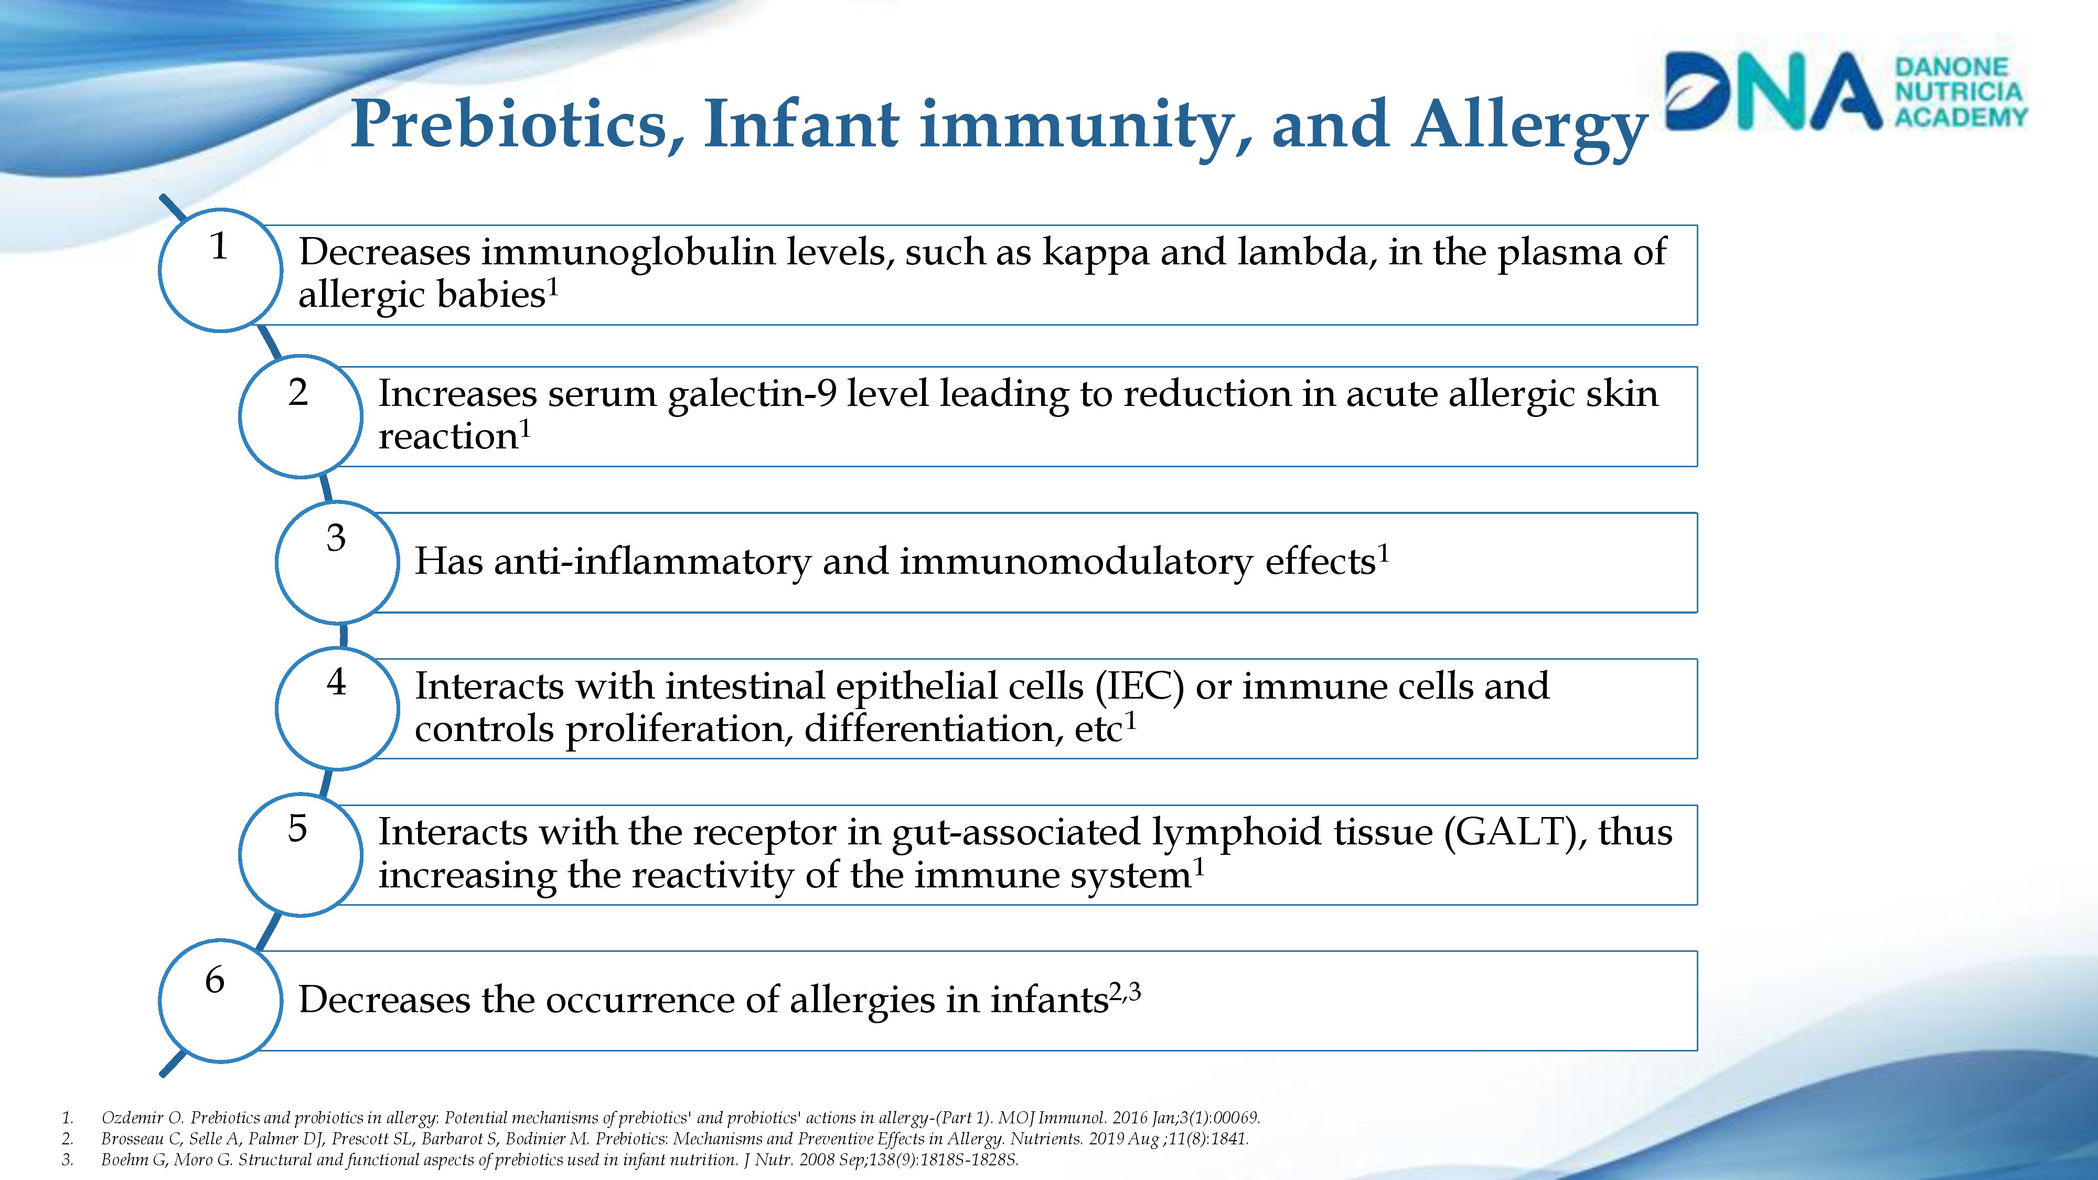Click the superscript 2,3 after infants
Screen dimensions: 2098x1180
click(1125, 992)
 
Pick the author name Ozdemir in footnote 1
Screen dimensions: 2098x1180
click(132, 1118)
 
